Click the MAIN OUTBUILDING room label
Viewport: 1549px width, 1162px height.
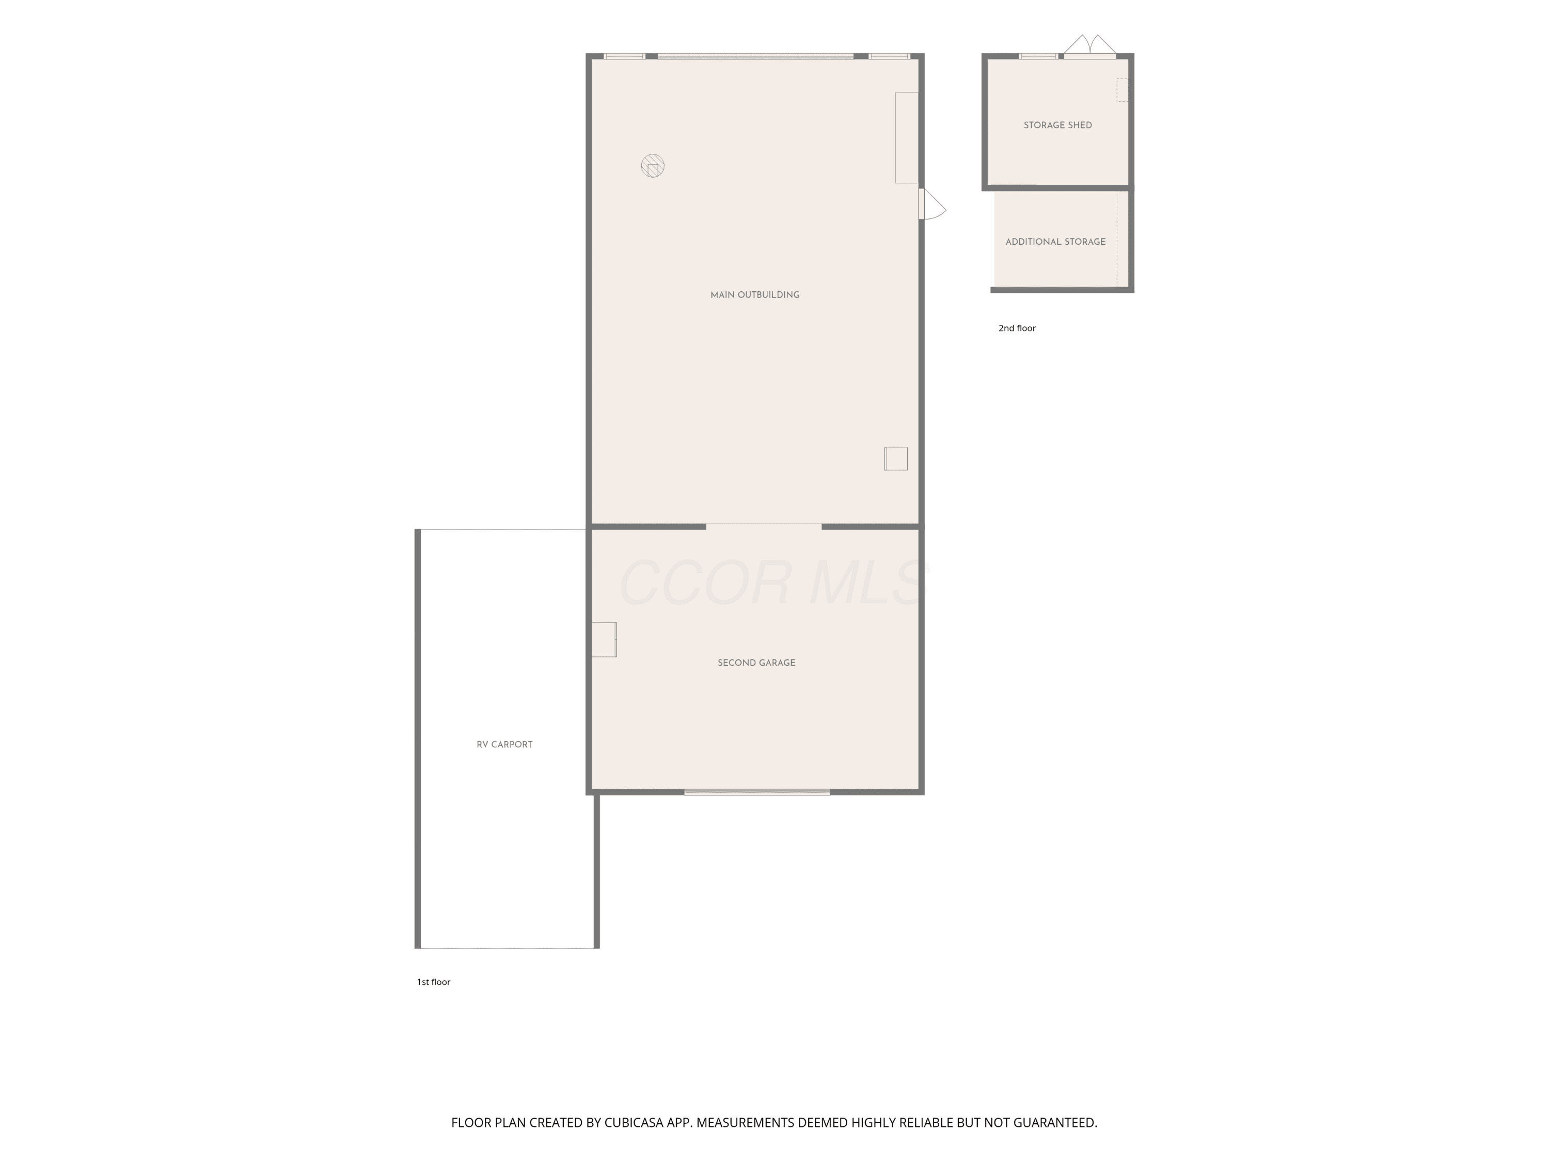(755, 295)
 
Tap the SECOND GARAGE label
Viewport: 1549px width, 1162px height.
(756, 663)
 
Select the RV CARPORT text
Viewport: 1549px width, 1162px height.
(504, 745)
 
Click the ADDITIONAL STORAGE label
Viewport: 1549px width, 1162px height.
(1055, 242)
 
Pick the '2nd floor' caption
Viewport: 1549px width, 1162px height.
(1017, 328)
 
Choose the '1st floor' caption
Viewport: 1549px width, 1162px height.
(434, 982)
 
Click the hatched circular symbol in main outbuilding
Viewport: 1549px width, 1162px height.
(653, 166)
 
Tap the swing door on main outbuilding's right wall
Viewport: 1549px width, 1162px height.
(932, 204)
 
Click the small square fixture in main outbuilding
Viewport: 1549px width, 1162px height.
(896, 459)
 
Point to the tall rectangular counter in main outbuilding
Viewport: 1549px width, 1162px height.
(907, 138)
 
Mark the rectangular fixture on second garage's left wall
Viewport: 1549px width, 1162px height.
(604, 639)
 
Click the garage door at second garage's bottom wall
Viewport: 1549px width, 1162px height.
(757, 792)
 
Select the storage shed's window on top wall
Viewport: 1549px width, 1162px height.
(1038, 56)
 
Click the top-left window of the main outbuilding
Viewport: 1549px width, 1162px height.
(624, 56)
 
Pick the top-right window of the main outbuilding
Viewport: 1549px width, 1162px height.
(889, 56)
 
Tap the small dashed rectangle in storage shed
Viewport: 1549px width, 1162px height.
(1123, 90)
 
